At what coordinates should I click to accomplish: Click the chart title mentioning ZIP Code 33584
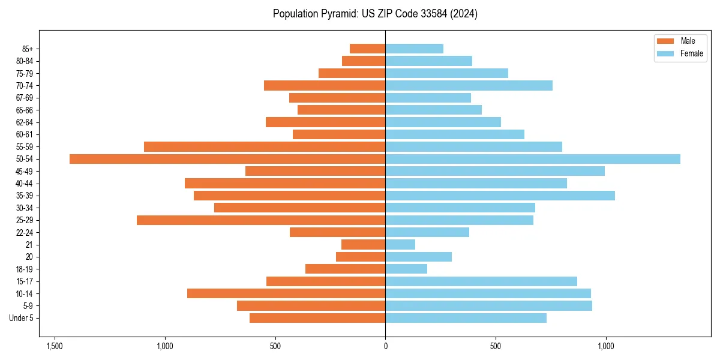375,14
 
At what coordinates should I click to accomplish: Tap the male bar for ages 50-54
227,159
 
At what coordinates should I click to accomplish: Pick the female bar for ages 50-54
533,159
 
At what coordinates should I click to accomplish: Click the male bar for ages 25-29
261,220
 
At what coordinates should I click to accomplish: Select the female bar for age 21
400,245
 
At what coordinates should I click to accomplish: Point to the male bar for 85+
367,49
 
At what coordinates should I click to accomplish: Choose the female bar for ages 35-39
500,196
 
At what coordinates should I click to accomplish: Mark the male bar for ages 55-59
265,147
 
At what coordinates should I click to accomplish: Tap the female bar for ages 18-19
406,269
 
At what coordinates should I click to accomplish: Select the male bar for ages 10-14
286,293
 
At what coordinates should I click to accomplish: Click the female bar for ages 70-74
469,86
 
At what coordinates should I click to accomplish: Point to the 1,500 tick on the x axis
55,346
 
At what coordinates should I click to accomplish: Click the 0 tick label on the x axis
385,346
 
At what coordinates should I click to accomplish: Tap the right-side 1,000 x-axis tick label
605,346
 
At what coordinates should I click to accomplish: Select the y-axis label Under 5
21,318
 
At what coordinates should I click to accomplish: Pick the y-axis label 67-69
24,98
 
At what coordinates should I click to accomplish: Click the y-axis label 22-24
24,232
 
